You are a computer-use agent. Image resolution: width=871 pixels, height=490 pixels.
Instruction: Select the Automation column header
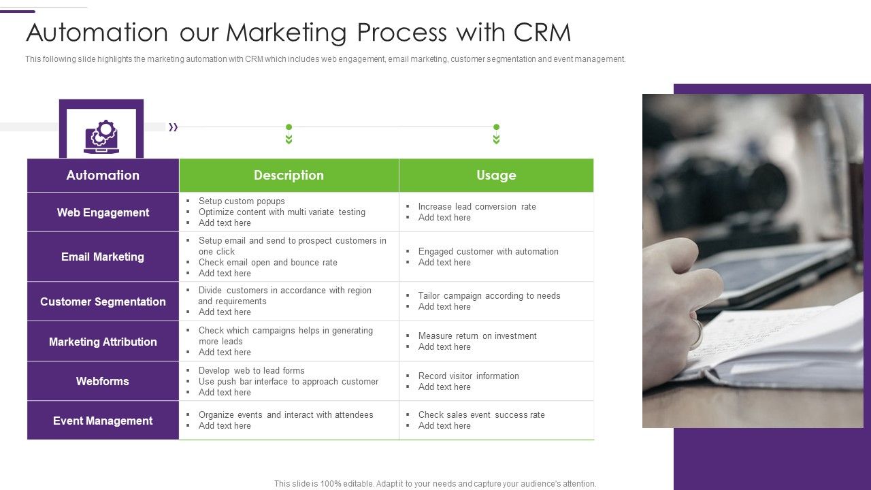click(x=103, y=176)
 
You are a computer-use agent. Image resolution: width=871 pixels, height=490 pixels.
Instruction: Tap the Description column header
click(x=289, y=176)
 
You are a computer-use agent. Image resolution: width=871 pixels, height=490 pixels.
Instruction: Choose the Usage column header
click(x=496, y=176)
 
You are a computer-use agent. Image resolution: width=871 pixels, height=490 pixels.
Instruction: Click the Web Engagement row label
click(x=103, y=212)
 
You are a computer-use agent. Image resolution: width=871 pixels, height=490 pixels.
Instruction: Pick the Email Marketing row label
click(x=103, y=257)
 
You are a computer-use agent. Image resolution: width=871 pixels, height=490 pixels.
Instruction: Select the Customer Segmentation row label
click(x=103, y=301)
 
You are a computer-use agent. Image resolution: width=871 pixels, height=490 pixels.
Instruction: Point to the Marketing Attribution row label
click(x=103, y=342)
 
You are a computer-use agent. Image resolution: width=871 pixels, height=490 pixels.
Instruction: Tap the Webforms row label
click(x=103, y=381)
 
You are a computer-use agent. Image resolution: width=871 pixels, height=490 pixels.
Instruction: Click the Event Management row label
click(x=103, y=421)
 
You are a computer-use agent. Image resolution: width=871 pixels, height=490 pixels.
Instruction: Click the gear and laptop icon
click(x=101, y=136)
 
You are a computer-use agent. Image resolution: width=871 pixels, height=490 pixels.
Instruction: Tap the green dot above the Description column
click(x=289, y=127)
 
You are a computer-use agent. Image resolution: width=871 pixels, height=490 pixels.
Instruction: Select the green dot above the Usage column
click(x=496, y=127)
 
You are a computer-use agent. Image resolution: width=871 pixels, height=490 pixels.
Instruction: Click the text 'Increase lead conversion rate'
click(x=477, y=207)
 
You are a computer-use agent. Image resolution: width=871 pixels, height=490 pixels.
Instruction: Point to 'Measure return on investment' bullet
click(x=477, y=336)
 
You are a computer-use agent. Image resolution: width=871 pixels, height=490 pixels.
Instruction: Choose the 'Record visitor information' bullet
click(x=468, y=376)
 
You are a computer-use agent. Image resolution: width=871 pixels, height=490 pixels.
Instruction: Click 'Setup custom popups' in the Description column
click(x=242, y=201)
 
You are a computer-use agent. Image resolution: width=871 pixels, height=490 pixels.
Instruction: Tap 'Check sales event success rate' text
click(x=481, y=415)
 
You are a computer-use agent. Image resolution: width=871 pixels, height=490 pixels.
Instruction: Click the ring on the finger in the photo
click(x=697, y=333)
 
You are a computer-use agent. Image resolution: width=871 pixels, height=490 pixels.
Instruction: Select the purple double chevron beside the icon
click(x=174, y=127)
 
